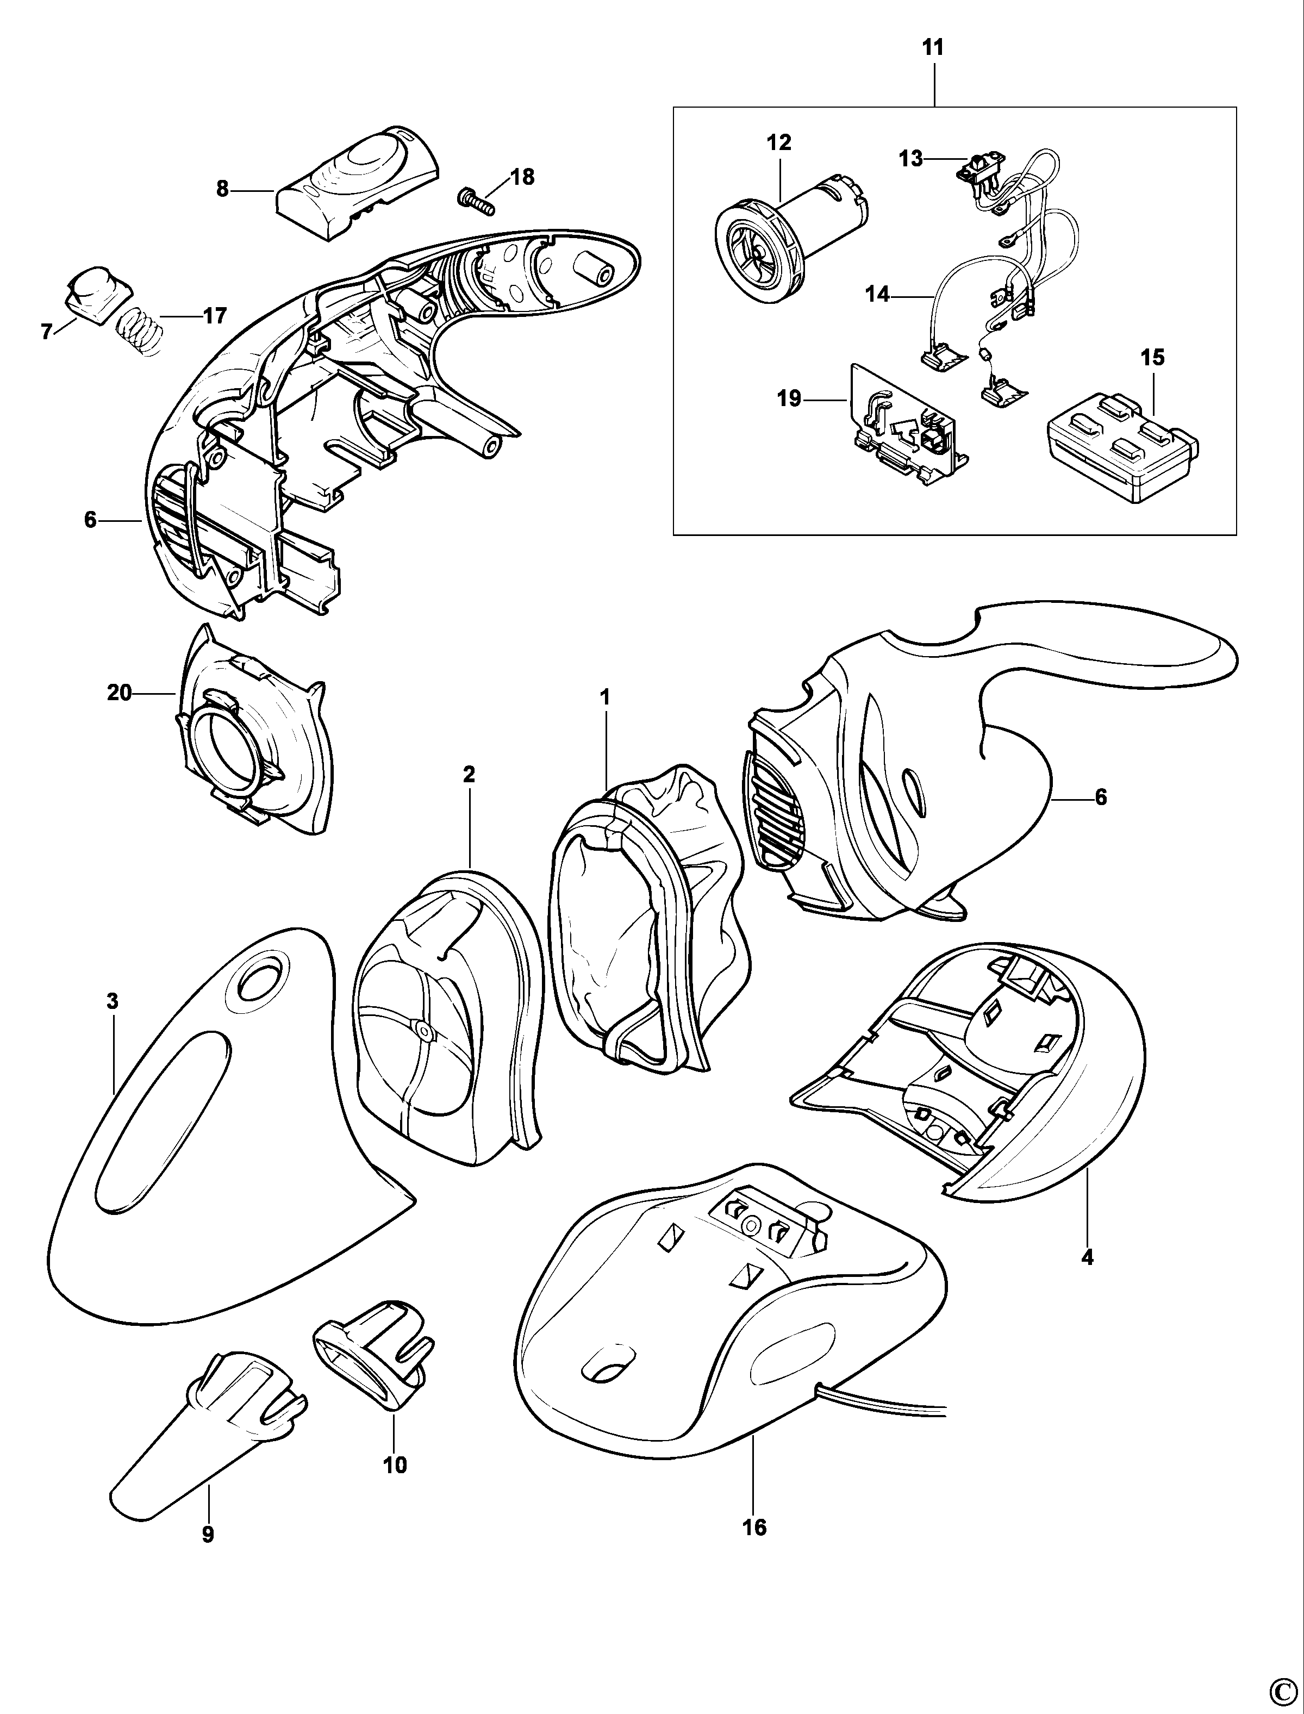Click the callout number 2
point(469,774)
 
